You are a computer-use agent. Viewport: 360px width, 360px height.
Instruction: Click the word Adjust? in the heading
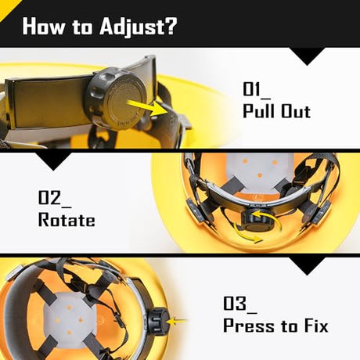pyautogui.click(x=139, y=27)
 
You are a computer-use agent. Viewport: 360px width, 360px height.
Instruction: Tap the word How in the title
pyautogui.click(x=43, y=26)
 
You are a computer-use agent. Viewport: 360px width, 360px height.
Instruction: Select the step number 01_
pyautogui.click(x=257, y=90)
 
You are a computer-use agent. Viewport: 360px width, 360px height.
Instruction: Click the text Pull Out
pyautogui.click(x=277, y=111)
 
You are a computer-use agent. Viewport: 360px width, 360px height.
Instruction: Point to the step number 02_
pyautogui.click(x=55, y=199)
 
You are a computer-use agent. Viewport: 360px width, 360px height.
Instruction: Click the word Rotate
pyautogui.click(x=67, y=220)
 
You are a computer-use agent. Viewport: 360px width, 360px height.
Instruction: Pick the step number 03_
pyautogui.click(x=240, y=304)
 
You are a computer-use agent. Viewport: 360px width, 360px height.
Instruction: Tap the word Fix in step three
pyautogui.click(x=316, y=326)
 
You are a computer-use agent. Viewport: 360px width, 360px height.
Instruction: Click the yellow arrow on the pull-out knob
pyautogui.click(x=147, y=108)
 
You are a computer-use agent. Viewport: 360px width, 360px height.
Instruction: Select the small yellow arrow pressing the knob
pyautogui.click(x=177, y=321)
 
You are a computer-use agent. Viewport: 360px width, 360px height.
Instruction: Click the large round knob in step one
pyautogui.click(x=120, y=98)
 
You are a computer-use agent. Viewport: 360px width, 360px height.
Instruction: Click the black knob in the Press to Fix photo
pyautogui.click(x=157, y=320)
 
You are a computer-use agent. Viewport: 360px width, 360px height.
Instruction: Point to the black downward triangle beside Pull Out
pyautogui.click(x=308, y=56)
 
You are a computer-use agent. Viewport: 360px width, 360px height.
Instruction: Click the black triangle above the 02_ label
pyautogui.click(x=53, y=162)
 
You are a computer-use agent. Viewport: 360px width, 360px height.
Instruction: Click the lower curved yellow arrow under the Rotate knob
pyautogui.click(x=247, y=235)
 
